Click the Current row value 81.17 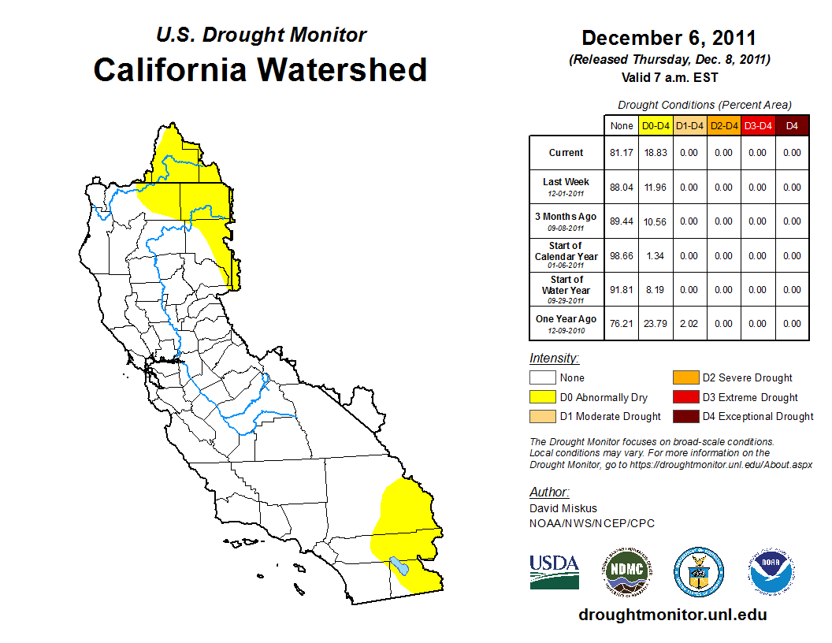point(622,153)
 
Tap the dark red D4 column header point(792,125)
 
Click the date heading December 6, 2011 point(669,38)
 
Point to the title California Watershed point(260,70)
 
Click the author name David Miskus point(563,508)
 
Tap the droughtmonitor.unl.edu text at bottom point(672,615)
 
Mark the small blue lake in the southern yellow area point(399,566)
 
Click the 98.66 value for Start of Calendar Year point(622,255)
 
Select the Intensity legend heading point(554,359)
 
